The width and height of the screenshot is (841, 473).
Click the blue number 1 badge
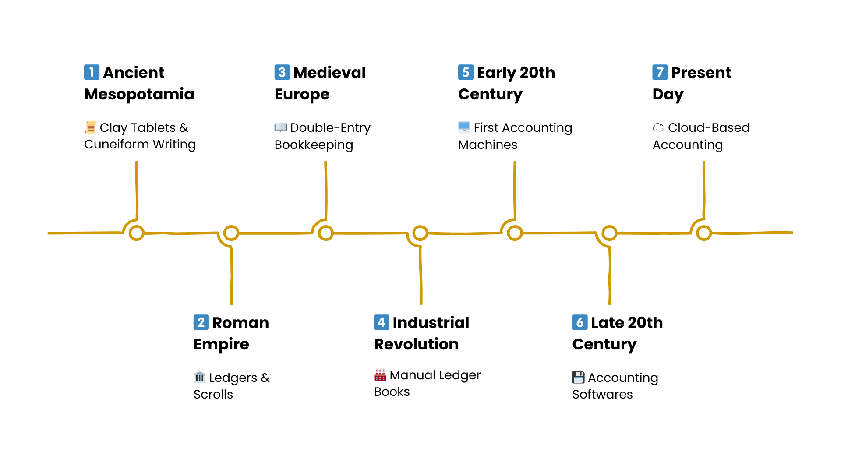92,72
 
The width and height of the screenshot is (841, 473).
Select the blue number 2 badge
201,322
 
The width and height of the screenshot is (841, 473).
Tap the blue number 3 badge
282,72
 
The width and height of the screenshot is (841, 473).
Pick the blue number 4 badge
382,322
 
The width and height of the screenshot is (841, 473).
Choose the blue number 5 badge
466,72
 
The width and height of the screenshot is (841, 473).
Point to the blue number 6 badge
580,322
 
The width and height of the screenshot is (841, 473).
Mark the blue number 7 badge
660,72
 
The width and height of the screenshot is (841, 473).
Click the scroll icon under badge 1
91,127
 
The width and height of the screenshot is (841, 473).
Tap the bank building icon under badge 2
200,377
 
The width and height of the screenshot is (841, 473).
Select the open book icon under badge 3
280,127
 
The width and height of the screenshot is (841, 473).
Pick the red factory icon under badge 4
380,375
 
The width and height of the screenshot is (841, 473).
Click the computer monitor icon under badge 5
464,127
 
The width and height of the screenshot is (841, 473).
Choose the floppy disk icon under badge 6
578,377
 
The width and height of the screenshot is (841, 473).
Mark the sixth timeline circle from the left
609,233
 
